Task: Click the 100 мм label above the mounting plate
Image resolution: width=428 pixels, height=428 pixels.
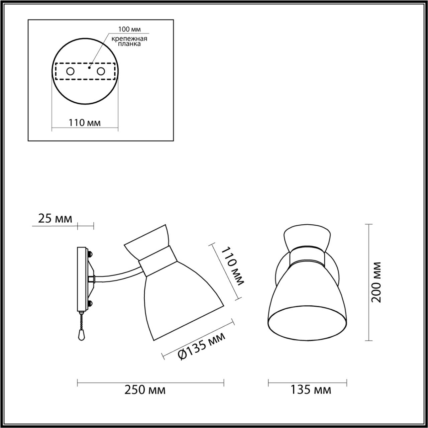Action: (x=129, y=29)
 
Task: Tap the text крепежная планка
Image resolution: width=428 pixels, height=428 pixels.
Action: (x=130, y=41)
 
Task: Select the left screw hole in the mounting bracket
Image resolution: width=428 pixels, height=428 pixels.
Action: (x=71, y=71)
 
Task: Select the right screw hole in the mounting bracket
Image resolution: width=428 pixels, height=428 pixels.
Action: (x=101, y=71)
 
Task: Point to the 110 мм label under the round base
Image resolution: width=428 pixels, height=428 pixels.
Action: (x=85, y=123)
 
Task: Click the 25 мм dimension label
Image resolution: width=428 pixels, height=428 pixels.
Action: (x=55, y=219)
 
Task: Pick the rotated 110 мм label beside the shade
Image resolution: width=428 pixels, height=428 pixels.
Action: (x=233, y=266)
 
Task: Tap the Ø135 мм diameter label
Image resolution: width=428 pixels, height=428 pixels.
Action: (x=201, y=345)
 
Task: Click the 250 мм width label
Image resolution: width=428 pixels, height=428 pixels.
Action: (x=145, y=390)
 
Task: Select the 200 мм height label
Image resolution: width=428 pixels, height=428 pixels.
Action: (x=377, y=282)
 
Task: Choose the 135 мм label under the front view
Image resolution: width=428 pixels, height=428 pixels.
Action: (x=311, y=390)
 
